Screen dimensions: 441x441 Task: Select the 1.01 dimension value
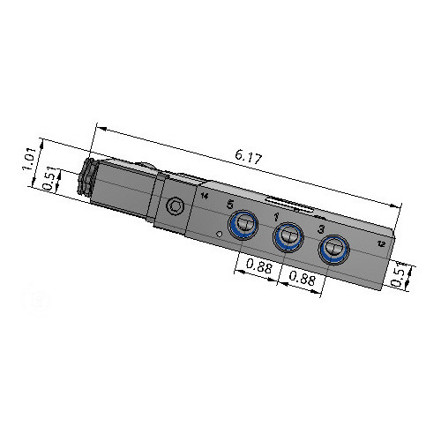coord(30,159)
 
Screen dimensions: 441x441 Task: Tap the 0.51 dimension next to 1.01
coord(49,178)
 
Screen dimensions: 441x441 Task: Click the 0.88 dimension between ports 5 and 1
coord(259,266)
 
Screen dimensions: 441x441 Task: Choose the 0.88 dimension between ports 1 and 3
coord(303,278)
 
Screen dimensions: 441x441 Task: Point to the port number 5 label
coord(231,204)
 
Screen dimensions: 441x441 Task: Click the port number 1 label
coord(276,217)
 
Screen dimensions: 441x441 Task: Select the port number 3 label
coord(322,229)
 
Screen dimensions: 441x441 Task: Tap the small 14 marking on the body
coord(205,196)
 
